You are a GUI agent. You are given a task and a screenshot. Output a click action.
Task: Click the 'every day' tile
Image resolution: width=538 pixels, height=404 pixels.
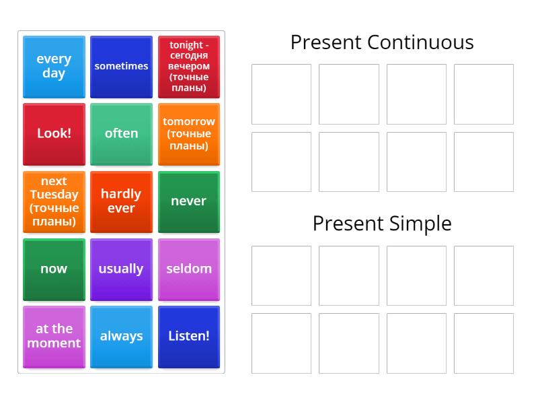coord(54,67)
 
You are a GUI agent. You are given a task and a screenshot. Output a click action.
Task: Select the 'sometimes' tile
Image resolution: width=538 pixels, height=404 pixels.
coord(121,67)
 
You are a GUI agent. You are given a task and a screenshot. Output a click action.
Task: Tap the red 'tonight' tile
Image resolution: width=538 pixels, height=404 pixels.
coord(189,67)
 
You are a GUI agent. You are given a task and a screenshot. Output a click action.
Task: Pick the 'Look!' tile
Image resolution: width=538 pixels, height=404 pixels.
coord(54,133)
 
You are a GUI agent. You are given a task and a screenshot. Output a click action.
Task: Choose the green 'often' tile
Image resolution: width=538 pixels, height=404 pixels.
coord(121,133)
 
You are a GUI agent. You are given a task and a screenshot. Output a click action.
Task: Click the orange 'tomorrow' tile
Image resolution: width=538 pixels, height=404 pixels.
coord(189,133)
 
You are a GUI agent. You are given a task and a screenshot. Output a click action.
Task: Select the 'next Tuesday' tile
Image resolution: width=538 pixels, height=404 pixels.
coord(54,201)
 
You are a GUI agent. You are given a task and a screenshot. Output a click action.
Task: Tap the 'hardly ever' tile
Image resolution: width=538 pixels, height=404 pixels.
coord(121,201)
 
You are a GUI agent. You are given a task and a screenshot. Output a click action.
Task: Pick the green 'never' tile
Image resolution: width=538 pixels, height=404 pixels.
coord(189,201)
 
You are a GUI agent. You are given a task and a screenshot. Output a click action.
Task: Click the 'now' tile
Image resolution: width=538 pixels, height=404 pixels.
coord(54,269)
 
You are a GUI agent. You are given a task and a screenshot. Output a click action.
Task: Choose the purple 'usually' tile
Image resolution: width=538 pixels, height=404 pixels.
coord(121,269)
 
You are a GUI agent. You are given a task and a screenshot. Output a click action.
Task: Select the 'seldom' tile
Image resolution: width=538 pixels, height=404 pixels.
coord(189,269)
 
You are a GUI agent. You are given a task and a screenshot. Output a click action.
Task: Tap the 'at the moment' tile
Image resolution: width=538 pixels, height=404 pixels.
coord(54,336)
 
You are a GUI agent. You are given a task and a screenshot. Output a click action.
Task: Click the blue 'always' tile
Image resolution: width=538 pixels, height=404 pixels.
coord(121,336)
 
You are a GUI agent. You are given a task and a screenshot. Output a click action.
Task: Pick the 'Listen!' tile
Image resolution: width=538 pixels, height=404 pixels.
coord(189,336)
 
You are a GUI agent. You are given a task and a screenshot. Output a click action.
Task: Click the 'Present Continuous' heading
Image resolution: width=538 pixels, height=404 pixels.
coord(382,42)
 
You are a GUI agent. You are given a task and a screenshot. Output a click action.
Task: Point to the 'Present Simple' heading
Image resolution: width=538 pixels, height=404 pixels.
coord(382,224)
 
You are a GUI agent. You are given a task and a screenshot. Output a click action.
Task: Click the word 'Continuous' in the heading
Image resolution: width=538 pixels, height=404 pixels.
coord(420,42)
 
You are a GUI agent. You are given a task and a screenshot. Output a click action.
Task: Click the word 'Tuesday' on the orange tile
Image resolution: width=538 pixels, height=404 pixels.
coord(54,195)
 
